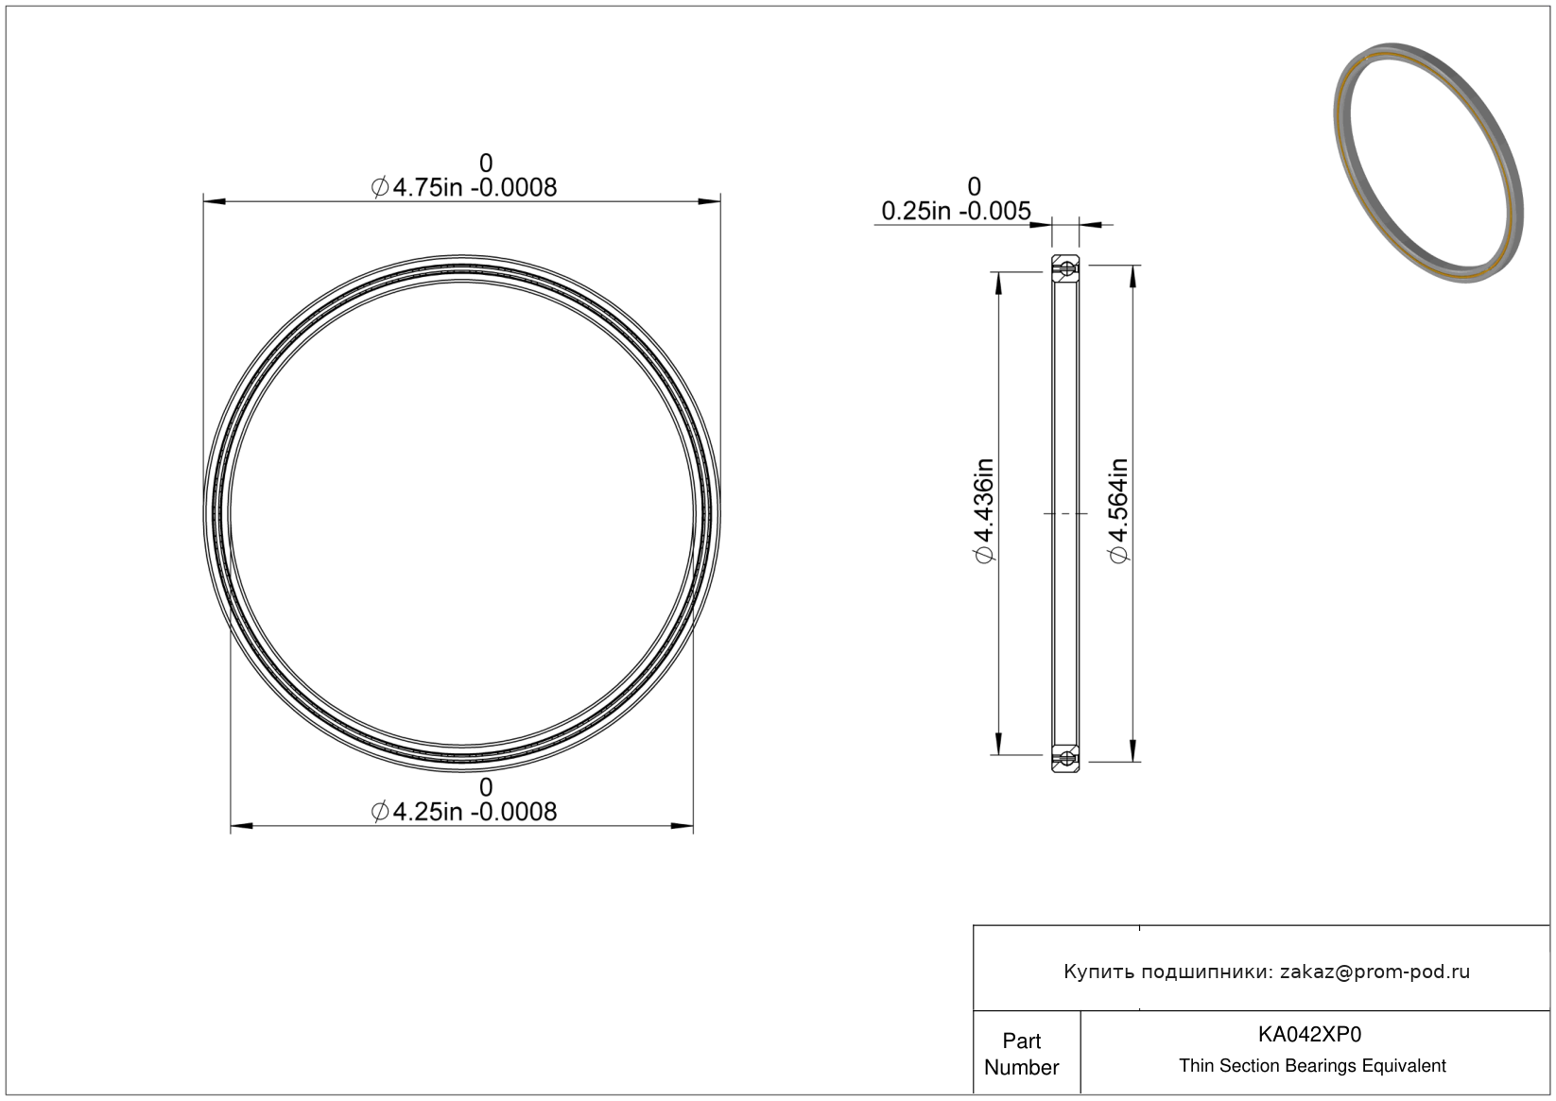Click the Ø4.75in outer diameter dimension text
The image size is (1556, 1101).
click(x=464, y=187)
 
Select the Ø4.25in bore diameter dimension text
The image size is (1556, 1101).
click(x=464, y=811)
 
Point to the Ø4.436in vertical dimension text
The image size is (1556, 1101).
click(x=984, y=511)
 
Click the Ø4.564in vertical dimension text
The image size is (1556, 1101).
click(x=1118, y=511)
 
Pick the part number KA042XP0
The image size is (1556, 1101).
click(x=1309, y=1035)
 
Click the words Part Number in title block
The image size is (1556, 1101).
click(x=1021, y=1054)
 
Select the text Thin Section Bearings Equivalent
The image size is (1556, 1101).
click(x=1312, y=1066)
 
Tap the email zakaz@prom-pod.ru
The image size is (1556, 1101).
click(x=1374, y=972)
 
